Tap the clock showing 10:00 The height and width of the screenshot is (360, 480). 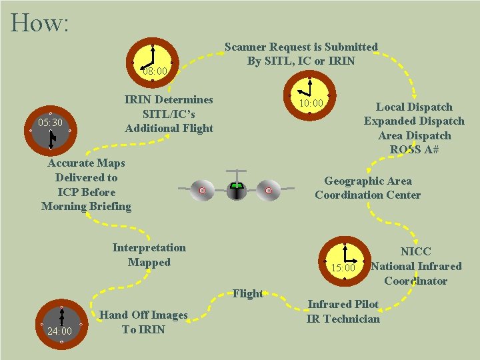(309, 95)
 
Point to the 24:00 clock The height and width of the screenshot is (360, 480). (61, 325)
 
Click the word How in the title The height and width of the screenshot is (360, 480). (39, 23)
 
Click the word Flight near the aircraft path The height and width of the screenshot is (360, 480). (247, 293)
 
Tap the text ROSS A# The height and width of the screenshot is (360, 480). (414, 150)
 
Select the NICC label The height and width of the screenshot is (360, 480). (415, 251)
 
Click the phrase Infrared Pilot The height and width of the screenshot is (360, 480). (343, 304)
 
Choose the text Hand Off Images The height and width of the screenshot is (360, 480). (143, 315)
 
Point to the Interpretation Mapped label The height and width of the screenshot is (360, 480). (149, 255)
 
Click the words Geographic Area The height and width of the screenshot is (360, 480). (367, 181)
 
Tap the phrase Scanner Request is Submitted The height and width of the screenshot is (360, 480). (301, 47)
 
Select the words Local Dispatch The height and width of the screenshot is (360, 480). (414, 107)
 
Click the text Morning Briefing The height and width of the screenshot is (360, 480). (86, 206)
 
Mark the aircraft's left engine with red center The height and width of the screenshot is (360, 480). (202, 191)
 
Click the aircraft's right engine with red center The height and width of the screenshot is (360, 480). (268, 191)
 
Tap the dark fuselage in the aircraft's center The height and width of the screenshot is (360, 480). (235, 191)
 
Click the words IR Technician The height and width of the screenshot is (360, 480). (343, 319)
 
